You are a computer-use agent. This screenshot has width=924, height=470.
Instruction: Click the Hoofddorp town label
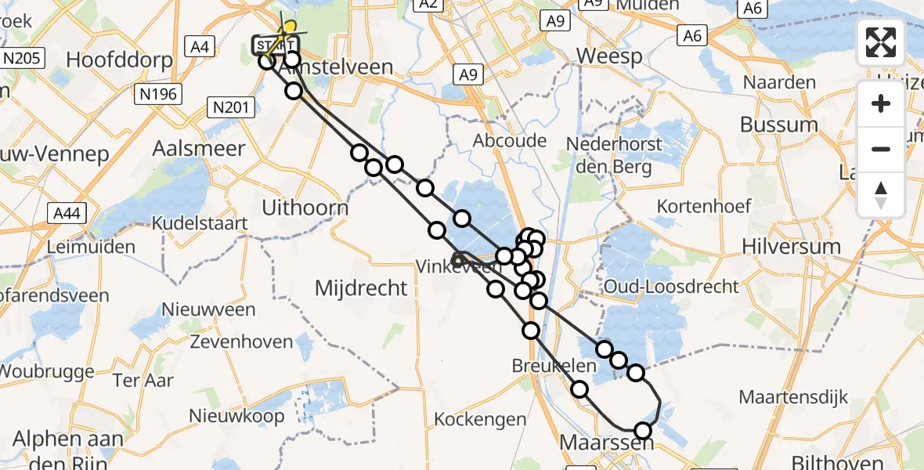115,60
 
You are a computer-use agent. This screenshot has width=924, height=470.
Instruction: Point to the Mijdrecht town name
361,287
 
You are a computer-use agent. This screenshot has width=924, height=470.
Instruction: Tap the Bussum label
778,125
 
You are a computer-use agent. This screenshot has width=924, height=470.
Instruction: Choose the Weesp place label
608,56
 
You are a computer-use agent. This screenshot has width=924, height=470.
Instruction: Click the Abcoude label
510,140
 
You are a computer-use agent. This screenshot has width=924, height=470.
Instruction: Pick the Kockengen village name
480,419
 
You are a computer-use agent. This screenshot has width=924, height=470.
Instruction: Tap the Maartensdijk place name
794,397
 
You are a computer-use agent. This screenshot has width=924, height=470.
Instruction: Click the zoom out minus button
881,149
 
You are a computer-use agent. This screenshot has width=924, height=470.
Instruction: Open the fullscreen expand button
881,42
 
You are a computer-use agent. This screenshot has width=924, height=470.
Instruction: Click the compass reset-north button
881,193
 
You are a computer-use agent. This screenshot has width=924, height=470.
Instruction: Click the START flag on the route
274,45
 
